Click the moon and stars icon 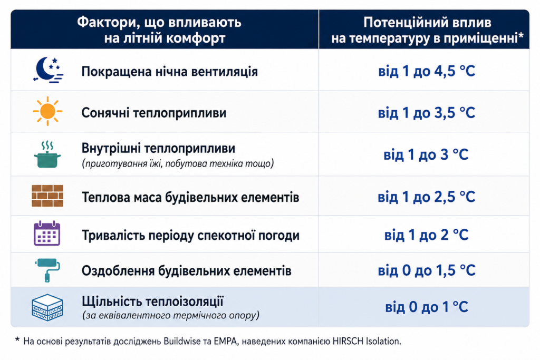pos(48,70)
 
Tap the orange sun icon pos(47,111)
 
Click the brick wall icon pos(47,196)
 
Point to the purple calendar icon pos(47,233)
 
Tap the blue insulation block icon pos(47,307)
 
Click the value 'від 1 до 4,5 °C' pos(427,71)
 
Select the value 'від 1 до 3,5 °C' pos(427,113)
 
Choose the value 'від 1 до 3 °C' pos(426,154)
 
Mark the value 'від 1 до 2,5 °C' pos(427,197)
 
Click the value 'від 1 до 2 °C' pos(426,235)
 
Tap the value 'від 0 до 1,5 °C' pos(427,270)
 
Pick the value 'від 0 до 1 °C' pos(426,307)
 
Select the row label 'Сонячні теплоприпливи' pos(154,113)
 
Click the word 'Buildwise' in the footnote pos(182,342)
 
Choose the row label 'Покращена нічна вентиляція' pos(169,72)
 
